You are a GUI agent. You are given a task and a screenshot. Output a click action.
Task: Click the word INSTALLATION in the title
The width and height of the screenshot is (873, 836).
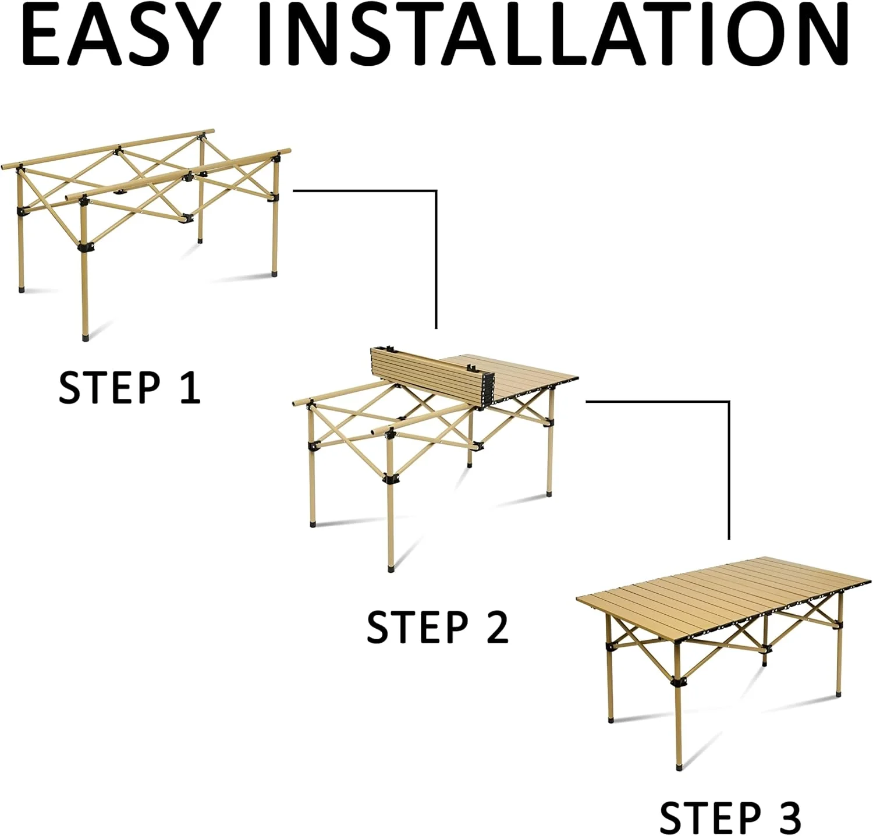(x=553, y=36)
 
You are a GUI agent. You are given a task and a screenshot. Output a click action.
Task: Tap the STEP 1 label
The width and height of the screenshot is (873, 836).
(x=130, y=387)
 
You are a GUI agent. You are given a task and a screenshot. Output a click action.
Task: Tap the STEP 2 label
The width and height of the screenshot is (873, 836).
(x=438, y=626)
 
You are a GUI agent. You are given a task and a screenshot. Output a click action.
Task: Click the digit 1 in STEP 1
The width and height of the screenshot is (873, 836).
(x=190, y=387)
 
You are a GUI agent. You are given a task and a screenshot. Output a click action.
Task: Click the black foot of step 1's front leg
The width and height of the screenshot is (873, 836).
(x=86, y=336)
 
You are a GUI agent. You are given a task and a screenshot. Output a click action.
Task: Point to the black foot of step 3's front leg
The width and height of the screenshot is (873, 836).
(x=679, y=766)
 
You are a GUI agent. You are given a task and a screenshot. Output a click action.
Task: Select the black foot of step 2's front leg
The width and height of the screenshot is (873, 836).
(x=391, y=568)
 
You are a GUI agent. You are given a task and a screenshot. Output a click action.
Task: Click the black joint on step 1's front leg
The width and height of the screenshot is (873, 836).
(x=86, y=247)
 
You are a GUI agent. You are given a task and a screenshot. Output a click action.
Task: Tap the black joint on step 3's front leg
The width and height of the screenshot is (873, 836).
(x=678, y=682)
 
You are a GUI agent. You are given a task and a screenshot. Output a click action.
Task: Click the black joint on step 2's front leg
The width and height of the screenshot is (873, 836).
(x=391, y=479)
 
